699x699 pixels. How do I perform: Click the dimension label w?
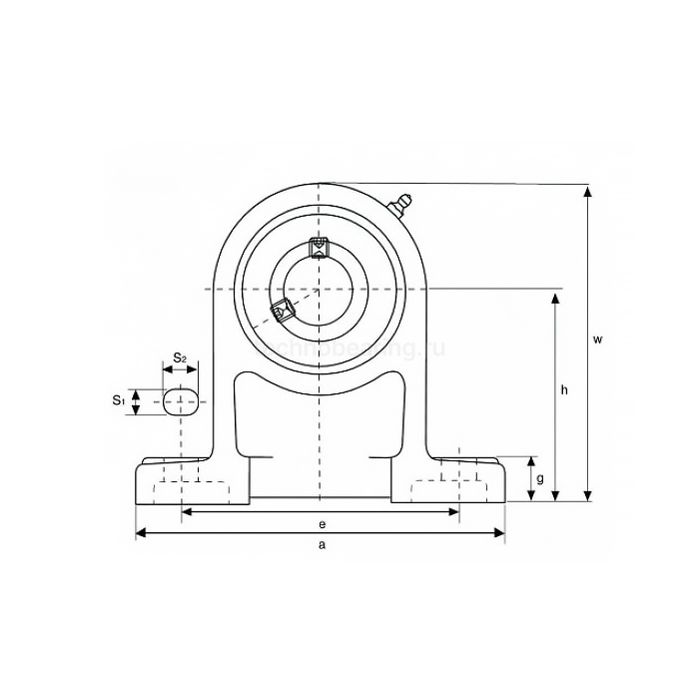click(x=597, y=340)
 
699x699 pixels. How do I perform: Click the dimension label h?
click(x=564, y=390)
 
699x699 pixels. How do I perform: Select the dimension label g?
click(x=540, y=479)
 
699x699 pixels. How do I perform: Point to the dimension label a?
click(x=321, y=544)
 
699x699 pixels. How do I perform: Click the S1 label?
click(x=118, y=400)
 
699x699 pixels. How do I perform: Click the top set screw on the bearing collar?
click(x=319, y=246)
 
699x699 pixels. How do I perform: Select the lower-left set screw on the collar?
click(x=281, y=312)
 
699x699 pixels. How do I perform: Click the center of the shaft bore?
click(x=319, y=290)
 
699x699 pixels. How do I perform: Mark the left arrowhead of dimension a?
click(x=139, y=533)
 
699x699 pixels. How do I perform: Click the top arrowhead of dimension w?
click(x=587, y=188)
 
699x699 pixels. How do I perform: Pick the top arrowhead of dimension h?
click(x=555, y=295)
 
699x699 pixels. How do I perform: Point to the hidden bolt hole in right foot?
click(x=457, y=479)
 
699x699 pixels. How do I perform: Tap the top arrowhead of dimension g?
click(x=531, y=461)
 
